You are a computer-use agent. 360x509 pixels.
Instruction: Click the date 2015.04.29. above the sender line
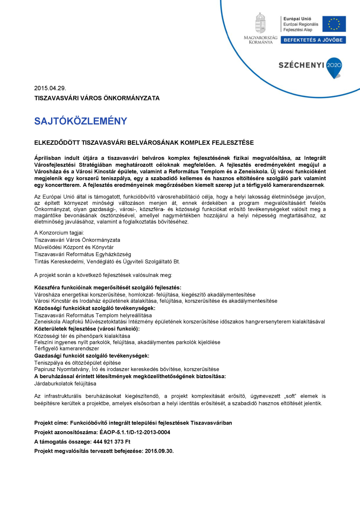click(50, 88)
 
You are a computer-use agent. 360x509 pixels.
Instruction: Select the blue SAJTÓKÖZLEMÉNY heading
click(81, 121)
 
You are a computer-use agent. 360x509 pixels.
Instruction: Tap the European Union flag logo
click(334, 24)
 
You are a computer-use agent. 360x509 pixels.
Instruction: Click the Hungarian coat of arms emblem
click(261, 23)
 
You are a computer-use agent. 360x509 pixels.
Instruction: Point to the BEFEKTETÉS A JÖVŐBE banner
click(313, 40)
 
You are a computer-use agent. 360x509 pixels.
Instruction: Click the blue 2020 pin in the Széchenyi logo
click(334, 66)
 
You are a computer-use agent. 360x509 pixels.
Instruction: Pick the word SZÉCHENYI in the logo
click(301, 65)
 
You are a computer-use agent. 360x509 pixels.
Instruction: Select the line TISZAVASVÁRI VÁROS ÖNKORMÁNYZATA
click(97, 98)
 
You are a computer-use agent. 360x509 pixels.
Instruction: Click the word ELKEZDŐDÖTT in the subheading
click(57, 143)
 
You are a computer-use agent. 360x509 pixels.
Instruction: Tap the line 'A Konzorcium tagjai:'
click(59, 233)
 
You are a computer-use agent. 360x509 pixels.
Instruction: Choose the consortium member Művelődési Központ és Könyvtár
click(74, 247)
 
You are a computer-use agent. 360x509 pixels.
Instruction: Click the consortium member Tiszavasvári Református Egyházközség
click(83, 254)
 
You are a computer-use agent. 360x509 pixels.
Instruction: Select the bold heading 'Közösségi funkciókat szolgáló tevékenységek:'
click(95, 308)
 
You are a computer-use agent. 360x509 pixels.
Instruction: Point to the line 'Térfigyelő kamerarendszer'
click(67, 349)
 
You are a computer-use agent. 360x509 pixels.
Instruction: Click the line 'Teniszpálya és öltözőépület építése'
click(78, 363)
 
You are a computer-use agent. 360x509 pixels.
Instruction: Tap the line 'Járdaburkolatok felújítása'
click(65, 384)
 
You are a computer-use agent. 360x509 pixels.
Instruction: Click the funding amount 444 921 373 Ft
click(112, 442)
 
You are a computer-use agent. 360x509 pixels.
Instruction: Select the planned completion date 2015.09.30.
click(159, 451)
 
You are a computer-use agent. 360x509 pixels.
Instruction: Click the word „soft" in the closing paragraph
click(290, 396)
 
